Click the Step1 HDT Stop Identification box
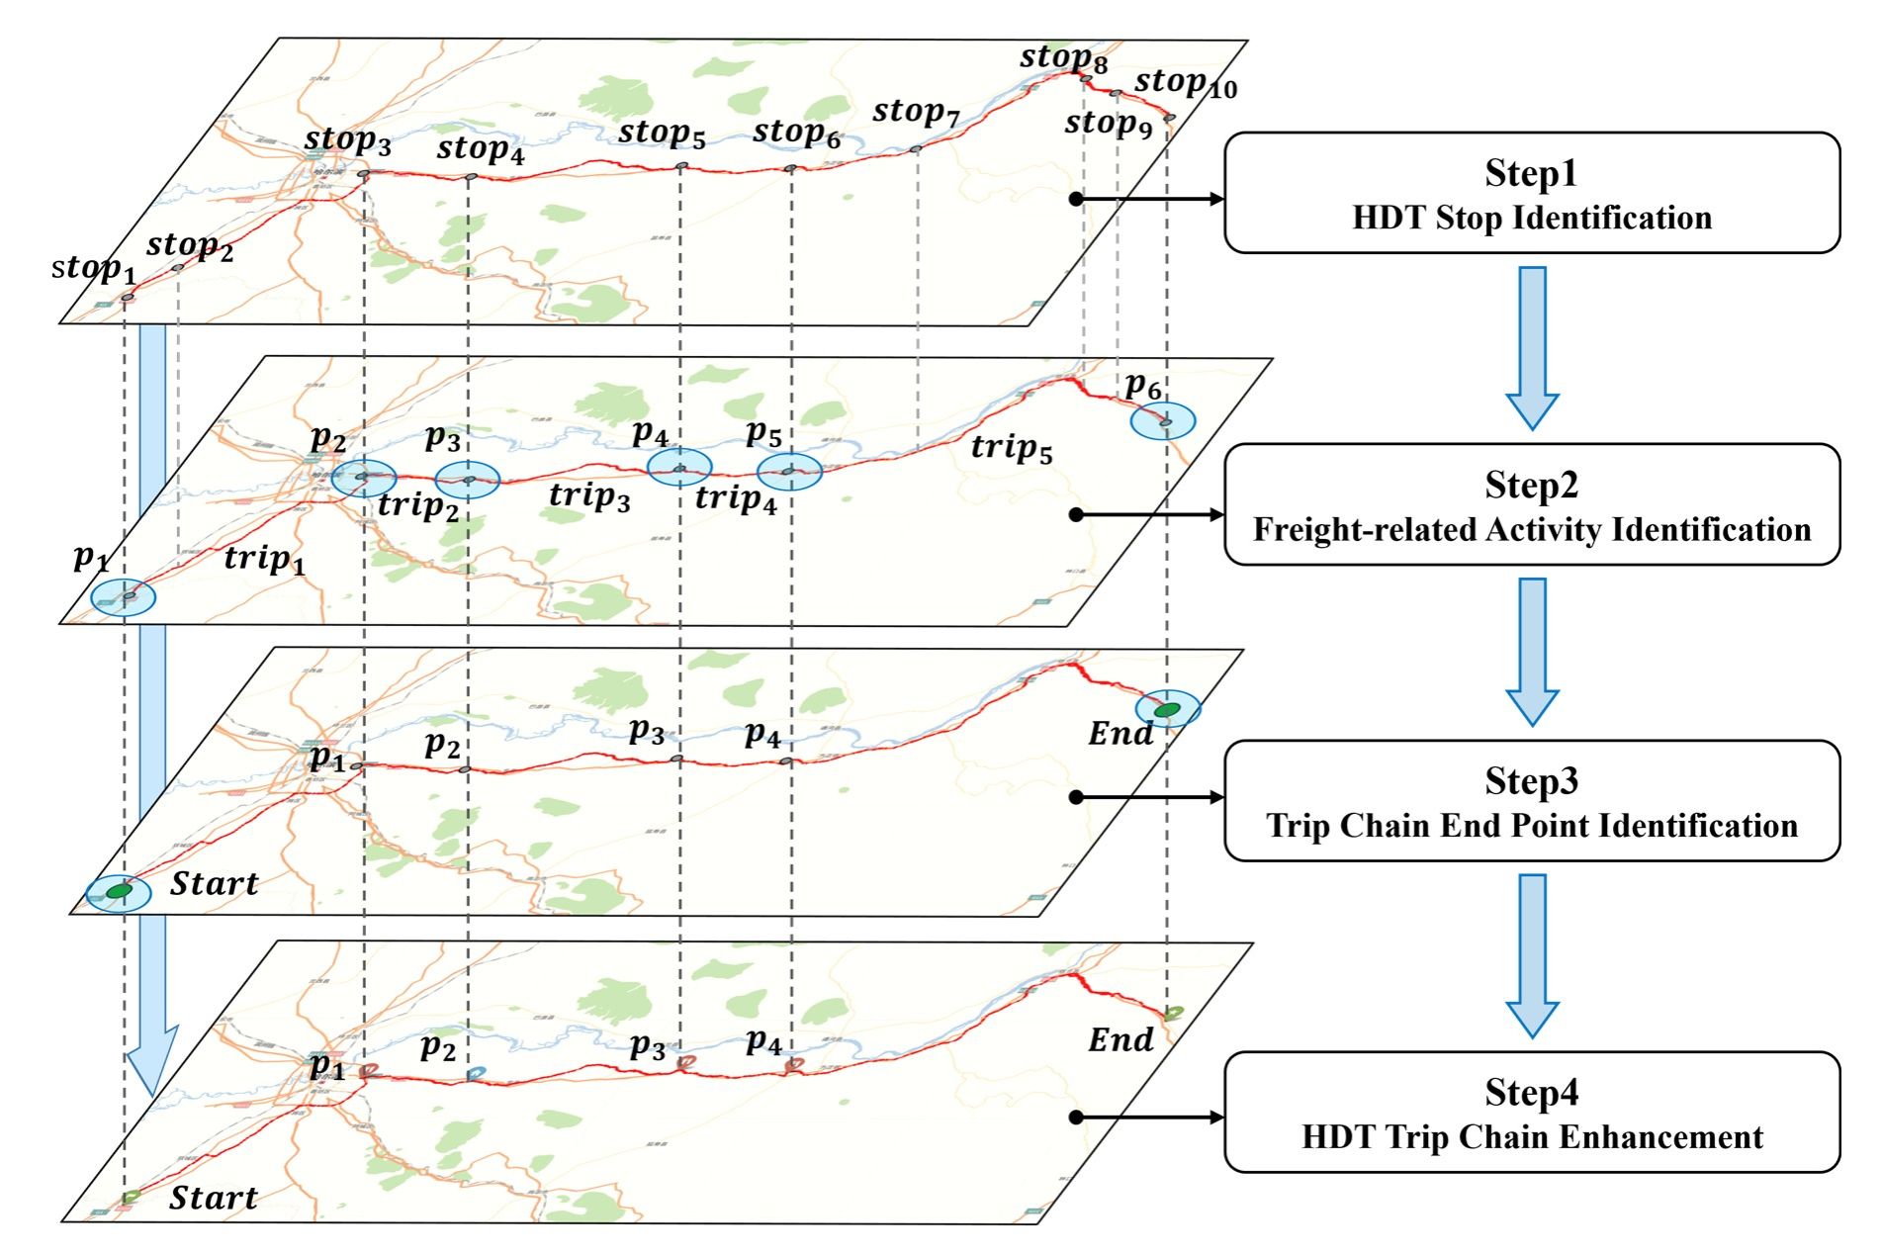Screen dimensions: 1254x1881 tap(1531, 194)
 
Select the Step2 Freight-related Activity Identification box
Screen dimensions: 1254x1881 tap(1531, 505)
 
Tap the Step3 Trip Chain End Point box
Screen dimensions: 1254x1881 tap(1531, 801)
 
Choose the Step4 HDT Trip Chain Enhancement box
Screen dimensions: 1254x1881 tap(1531, 1113)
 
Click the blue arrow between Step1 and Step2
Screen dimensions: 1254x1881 tap(1532, 346)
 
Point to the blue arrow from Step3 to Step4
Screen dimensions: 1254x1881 tap(1532, 954)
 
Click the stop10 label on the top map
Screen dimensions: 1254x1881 tap(1185, 84)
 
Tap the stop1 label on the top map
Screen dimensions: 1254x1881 tap(93, 268)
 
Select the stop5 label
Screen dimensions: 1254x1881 tap(662, 134)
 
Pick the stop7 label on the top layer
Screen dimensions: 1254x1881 tap(916, 112)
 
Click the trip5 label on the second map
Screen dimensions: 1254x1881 tap(1011, 448)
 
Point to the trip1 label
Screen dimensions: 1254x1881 tap(264, 560)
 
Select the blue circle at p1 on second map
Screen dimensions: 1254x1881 tap(124, 596)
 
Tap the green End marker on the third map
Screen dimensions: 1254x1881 tap(1168, 709)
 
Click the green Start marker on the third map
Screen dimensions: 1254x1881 tap(119, 892)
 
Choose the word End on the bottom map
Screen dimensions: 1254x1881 tap(1120, 1039)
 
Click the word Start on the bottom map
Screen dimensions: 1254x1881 tap(214, 1199)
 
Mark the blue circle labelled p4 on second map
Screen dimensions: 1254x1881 tap(679, 467)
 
